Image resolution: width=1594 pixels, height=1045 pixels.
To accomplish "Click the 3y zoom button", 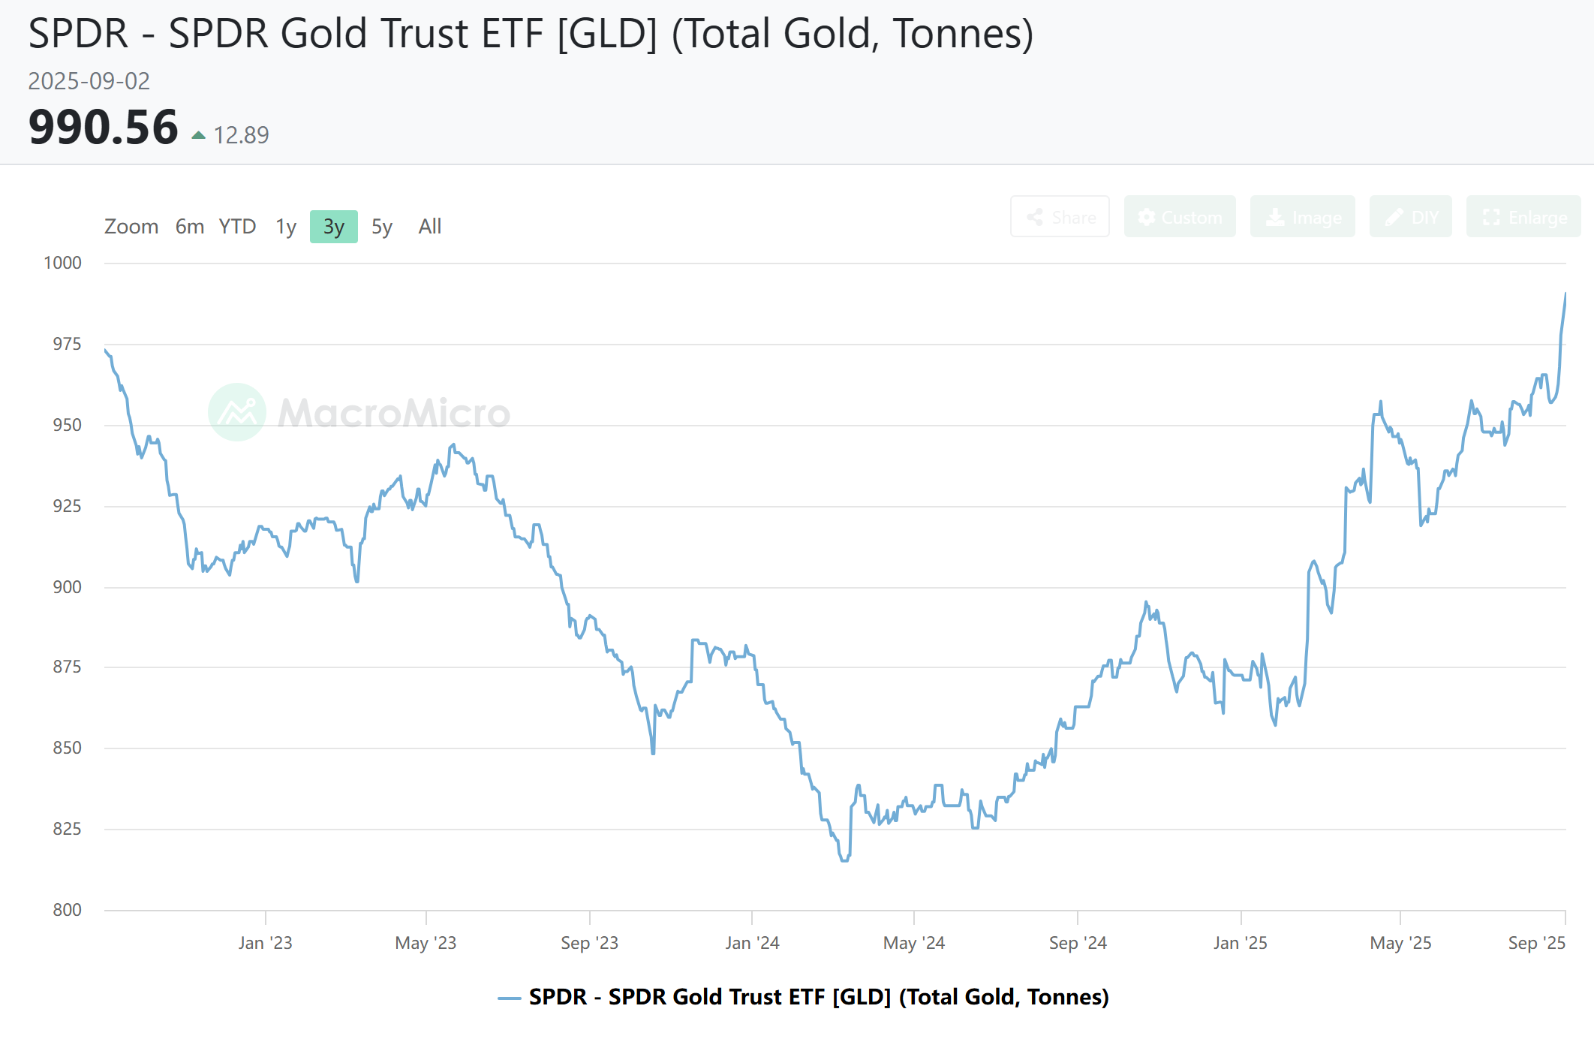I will point(333,227).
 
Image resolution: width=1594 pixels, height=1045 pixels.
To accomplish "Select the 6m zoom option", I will point(190,227).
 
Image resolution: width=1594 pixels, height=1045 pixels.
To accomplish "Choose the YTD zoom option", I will point(237,227).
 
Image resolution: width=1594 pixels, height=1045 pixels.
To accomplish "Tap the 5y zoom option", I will point(382,227).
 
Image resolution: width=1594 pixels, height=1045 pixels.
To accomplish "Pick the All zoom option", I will point(429,227).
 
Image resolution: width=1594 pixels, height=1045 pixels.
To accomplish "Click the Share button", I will point(1060,217).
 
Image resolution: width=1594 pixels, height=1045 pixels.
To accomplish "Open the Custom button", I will point(1179,217).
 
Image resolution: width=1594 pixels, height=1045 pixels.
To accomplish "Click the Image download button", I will point(1302,217).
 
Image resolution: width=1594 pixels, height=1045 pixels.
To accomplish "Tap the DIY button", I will point(1410,217).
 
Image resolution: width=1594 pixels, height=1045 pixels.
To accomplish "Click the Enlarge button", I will point(1523,217).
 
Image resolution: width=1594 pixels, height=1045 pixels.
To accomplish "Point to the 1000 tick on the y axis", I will point(63,263).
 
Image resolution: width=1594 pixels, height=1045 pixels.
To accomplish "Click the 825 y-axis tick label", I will point(67,829).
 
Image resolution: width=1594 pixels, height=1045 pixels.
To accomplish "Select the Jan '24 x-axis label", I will point(752,943).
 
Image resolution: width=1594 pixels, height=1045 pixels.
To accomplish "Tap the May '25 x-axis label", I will point(1400,943).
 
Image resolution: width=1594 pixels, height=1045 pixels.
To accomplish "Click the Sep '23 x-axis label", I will point(590,943).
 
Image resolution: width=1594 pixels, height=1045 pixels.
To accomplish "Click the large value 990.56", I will point(104,128).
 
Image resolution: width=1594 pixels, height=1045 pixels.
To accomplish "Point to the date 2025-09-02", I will point(89,81).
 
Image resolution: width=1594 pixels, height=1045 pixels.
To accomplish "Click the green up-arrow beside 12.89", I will point(199,136).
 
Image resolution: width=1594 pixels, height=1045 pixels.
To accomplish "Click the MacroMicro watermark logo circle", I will point(237,412).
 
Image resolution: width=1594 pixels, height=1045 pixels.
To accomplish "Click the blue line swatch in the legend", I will point(510,998).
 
